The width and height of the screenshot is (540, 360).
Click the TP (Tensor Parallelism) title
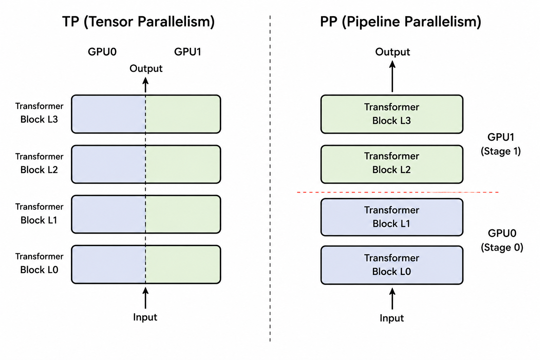[x=139, y=22]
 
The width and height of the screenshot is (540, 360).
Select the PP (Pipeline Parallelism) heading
[x=400, y=22]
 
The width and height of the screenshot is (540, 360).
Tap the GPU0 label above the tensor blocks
[x=102, y=52]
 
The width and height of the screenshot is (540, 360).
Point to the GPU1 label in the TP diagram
[x=187, y=52]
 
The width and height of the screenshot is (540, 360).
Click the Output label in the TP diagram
[x=146, y=69]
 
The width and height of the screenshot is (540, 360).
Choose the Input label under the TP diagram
[x=145, y=317]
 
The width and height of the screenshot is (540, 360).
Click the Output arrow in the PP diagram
[x=392, y=76]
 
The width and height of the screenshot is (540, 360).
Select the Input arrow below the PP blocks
[x=392, y=298]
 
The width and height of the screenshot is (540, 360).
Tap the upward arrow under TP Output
[x=145, y=85]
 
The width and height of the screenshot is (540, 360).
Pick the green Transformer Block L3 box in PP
[x=392, y=114]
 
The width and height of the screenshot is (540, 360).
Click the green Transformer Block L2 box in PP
[x=392, y=164]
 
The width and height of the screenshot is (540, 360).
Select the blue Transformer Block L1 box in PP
[x=392, y=217]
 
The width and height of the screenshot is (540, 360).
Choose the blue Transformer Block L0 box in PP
[x=392, y=265]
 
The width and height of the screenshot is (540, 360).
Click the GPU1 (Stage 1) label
[x=501, y=144]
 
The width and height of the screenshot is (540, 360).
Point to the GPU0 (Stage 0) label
[x=502, y=240]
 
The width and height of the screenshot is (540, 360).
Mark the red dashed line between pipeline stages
[x=398, y=192]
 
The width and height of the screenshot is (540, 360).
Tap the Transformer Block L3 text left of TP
[x=39, y=113]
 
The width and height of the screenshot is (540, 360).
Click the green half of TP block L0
[x=183, y=264]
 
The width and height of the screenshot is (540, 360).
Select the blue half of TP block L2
[x=108, y=164]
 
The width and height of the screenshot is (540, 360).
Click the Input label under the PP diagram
[x=392, y=318]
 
